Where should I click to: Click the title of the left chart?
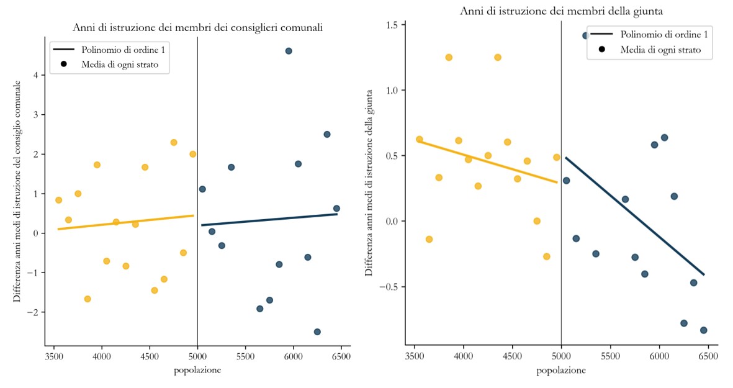click(197, 27)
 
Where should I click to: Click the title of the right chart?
click(560, 11)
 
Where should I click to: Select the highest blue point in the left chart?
click(289, 51)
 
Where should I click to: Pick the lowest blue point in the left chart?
click(317, 332)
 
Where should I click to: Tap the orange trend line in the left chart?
click(124, 222)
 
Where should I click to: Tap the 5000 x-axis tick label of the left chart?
click(197, 357)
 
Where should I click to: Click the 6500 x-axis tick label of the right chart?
click(708, 357)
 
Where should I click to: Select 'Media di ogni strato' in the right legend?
click(660, 50)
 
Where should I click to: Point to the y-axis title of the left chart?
click(17, 192)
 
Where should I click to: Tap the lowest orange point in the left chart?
click(88, 299)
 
